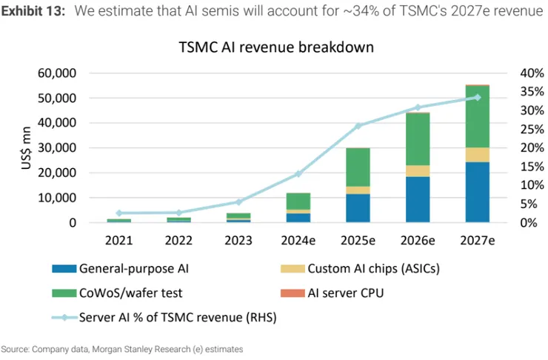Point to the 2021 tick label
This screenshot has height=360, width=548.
118,241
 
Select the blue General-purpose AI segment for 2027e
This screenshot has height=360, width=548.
477,192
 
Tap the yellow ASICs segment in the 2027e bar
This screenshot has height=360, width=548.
477,154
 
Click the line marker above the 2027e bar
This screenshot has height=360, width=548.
477,97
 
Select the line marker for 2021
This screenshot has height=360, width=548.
118,213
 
